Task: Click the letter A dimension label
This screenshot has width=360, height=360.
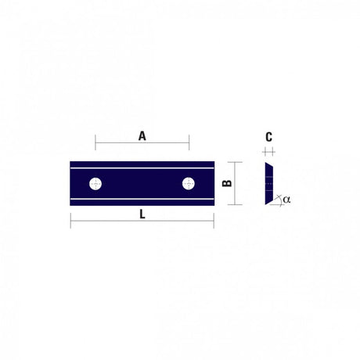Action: click(142, 136)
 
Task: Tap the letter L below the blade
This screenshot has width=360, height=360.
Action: click(142, 214)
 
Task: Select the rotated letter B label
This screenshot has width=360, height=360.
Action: click(227, 183)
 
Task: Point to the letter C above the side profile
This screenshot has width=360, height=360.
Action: click(269, 137)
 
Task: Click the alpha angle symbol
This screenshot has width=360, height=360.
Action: click(286, 200)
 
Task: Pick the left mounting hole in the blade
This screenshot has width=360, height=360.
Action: click(95, 184)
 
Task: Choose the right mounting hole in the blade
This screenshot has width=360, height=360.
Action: click(189, 184)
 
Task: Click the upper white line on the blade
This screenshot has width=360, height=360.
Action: click(142, 168)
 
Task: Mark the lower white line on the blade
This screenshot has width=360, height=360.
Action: click(142, 199)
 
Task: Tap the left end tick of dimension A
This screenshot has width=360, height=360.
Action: click(95, 142)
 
